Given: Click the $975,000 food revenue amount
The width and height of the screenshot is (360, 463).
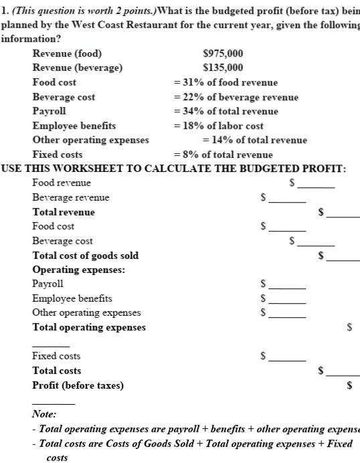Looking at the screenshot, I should coord(223,54).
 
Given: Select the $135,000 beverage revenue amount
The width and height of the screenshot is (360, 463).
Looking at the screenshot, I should coord(223,68).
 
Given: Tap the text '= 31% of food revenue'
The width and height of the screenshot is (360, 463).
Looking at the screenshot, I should coord(226,82).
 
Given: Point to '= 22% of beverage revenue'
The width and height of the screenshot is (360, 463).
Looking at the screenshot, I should coord(236,97).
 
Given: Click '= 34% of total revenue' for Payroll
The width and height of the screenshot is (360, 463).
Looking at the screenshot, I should coord(226,111).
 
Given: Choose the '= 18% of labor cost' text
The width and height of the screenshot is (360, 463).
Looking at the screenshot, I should coord(218,126).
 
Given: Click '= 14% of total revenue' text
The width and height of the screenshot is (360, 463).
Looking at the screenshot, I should coord(254,140).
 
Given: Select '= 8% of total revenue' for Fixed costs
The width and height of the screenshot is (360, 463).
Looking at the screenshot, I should coord(223,155).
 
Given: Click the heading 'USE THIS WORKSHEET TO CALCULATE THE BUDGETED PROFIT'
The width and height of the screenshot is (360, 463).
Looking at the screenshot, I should coord(173,168).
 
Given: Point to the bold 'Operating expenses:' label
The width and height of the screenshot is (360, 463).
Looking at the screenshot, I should coord(79,270).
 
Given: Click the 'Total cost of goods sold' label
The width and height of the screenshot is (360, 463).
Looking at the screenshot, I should coord(86,255).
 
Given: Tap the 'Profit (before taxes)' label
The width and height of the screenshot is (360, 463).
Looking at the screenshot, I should coord(78,385).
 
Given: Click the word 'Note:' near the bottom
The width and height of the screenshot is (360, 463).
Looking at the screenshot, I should coord(44,415).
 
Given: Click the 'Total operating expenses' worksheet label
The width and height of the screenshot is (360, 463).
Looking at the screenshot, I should coord(89,327).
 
